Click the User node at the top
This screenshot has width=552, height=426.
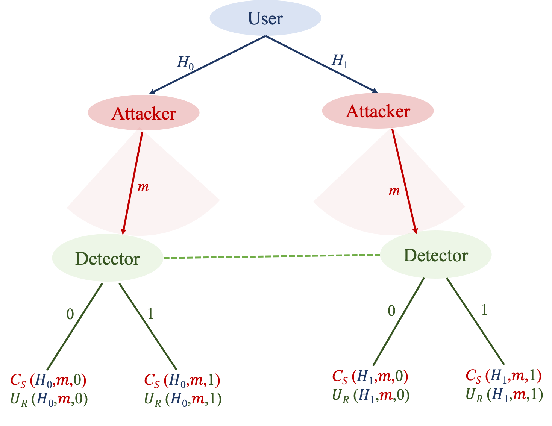pyautogui.click(x=265, y=18)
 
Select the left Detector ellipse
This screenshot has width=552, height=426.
pyautogui.click(x=108, y=258)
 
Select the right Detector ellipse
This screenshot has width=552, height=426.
pyautogui.click(x=435, y=255)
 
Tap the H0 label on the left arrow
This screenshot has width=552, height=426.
pyautogui.click(x=185, y=62)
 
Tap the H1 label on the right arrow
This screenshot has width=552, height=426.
pyautogui.click(x=339, y=61)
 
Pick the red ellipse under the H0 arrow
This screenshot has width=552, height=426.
pyautogui.click(x=144, y=112)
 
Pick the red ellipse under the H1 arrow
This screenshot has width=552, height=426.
pyautogui.click(x=378, y=111)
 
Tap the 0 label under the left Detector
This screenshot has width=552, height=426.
pyautogui.click(x=70, y=314)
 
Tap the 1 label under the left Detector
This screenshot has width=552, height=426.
pyautogui.click(x=150, y=314)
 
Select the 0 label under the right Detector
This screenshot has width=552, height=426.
pyautogui.click(x=391, y=311)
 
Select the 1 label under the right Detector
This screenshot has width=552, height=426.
pyautogui.click(x=484, y=310)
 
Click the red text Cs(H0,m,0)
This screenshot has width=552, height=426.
pyautogui.click(x=49, y=380)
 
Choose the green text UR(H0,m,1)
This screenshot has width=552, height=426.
pyautogui.click(x=183, y=399)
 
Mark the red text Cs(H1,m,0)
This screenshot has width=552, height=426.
pyautogui.click(x=370, y=376)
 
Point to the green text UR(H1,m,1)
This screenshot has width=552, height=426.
pyautogui.click(x=504, y=394)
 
